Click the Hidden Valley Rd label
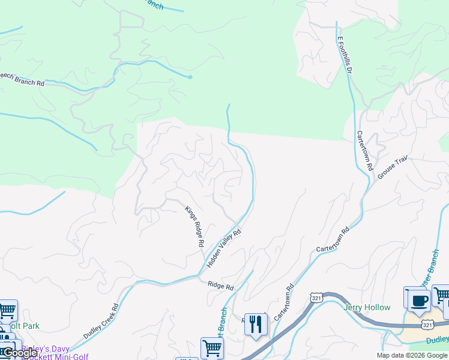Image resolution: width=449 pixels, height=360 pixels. tap(224, 248)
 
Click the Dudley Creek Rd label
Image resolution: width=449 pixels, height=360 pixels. tap(101, 321)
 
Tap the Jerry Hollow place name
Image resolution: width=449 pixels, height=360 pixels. tap(367, 308)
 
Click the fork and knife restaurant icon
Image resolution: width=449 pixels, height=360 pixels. tap(257, 324)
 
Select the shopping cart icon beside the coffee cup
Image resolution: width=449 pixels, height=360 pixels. tap(441, 296)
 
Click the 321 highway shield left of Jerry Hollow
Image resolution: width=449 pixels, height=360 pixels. tap(318, 298)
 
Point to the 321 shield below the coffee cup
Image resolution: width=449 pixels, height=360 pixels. tap(427, 325)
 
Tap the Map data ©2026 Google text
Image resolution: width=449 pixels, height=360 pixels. tap(411, 355)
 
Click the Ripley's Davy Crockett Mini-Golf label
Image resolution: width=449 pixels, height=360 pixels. tap(54, 352)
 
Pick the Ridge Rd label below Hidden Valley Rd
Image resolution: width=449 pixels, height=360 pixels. tap(220, 286)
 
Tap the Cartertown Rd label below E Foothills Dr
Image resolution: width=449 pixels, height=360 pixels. tap(365, 150)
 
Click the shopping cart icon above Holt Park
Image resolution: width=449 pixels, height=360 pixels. tap(7, 311)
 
